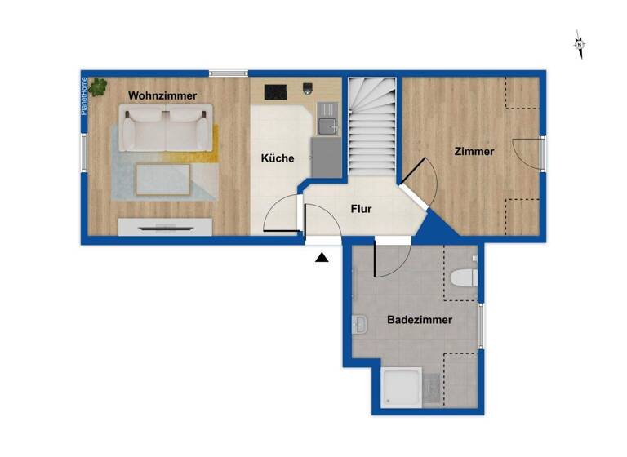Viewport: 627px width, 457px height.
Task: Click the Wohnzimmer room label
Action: [162, 95]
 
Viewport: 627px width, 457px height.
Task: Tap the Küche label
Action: [278, 158]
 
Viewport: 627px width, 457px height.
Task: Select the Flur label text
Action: [361, 209]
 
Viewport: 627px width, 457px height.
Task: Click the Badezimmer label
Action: [420, 320]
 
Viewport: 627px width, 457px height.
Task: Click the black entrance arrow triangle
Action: [322, 258]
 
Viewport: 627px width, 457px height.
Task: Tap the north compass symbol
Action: [579, 45]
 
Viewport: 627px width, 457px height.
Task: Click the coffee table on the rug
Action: [162, 179]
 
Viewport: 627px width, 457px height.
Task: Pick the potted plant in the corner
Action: [99, 85]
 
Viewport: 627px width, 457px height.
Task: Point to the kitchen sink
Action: [327, 125]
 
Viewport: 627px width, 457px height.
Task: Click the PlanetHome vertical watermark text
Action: [84, 95]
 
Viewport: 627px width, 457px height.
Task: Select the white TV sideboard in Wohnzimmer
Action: [166, 227]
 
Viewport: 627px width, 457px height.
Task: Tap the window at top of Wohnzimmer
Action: [228, 73]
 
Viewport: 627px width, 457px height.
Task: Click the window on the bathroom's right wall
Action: [481, 325]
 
